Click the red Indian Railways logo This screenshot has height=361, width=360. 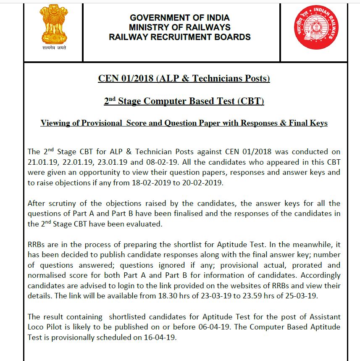click(316, 27)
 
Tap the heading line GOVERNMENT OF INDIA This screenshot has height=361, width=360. click(180, 18)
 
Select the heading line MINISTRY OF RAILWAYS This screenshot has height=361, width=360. click(180, 27)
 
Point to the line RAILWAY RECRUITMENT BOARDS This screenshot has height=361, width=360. click(180, 37)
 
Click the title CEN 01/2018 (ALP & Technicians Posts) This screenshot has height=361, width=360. click(184, 79)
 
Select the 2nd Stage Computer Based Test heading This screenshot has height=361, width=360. click(184, 101)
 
